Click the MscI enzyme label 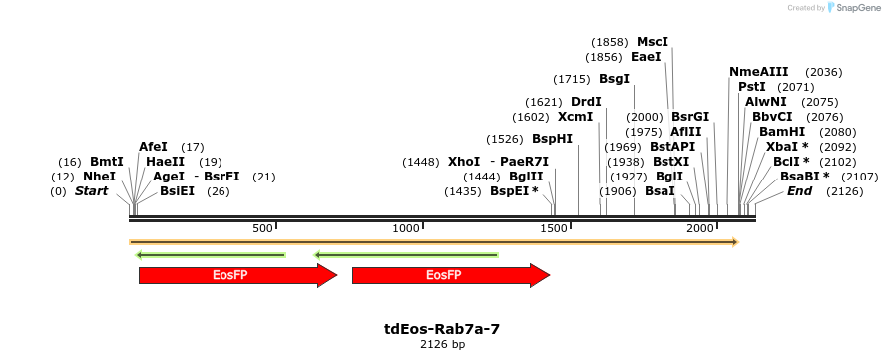coord(652,42)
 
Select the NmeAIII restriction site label coord(758,72)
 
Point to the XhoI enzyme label coord(464,162)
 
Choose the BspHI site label coord(552,139)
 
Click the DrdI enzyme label coord(586,102)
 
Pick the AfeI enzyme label coord(153,147)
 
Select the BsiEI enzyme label coord(177,191)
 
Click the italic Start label coord(91,191)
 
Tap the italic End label coord(799,191)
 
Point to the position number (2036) coord(823,72)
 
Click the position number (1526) coord(505,139)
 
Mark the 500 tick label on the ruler coord(262,229)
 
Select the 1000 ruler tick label coord(406,229)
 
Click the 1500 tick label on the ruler coord(553,229)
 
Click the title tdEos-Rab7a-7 coord(442,328)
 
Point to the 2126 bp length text coord(442,344)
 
